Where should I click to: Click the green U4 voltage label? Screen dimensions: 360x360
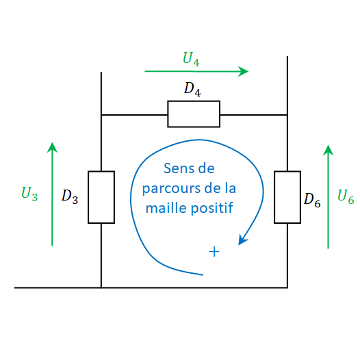191,59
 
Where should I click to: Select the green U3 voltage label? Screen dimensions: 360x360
29,194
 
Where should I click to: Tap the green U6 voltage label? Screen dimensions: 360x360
346,196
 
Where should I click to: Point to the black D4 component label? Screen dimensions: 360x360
192,89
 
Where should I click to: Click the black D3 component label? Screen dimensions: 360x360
70,196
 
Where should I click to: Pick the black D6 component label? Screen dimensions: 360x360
312,200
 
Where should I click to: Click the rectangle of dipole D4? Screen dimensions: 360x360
194,114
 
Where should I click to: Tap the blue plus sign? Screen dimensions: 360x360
214,252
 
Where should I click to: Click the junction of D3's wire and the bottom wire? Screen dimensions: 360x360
101,287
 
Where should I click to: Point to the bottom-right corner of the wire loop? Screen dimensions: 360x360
287,287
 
